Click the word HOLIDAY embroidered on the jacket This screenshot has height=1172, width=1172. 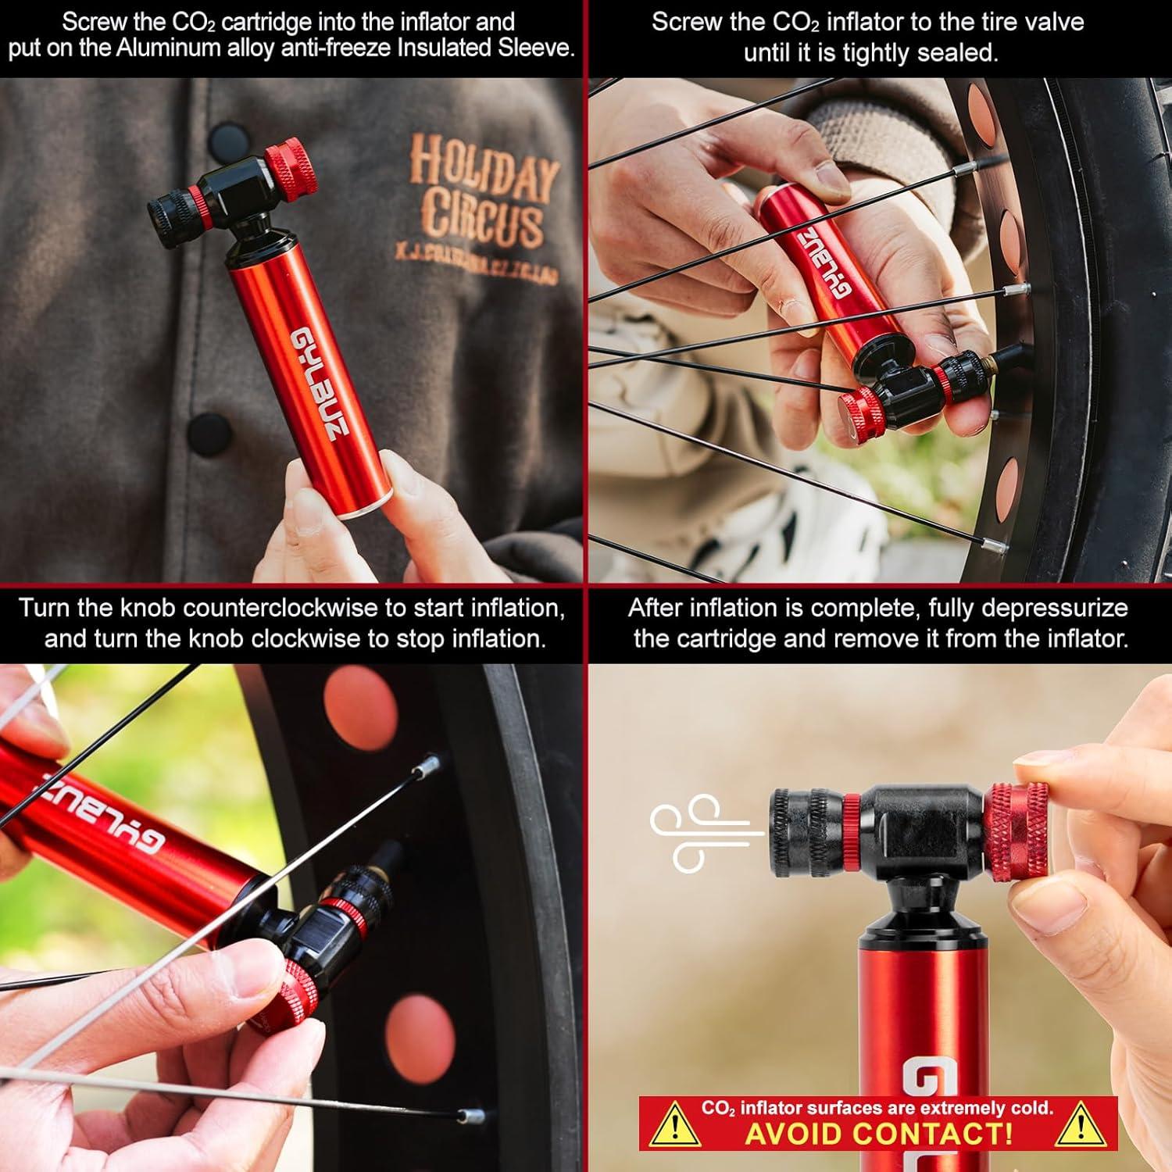coord(484,170)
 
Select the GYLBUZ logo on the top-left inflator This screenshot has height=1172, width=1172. coord(315,383)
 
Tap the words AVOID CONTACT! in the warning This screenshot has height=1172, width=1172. coord(879,1134)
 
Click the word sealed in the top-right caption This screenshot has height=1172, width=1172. coord(963,53)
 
